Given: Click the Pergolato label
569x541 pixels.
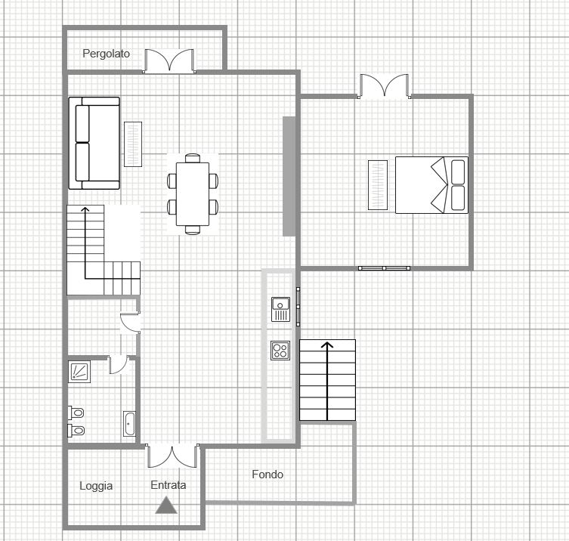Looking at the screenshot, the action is pyautogui.click(x=106, y=54).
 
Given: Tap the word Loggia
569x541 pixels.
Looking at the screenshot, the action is pyautogui.click(x=96, y=486).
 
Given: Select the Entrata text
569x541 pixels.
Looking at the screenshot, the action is pyautogui.click(x=169, y=485).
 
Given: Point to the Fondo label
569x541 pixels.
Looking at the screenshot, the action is pyautogui.click(x=267, y=475).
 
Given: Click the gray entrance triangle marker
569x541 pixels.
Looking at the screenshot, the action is pyautogui.click(x=166, y=505).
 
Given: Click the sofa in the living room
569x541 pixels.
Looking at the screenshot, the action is pyautogui.click(x=94, y=143).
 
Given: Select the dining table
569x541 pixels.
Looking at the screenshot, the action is pyautogui.click(x=193, y=194).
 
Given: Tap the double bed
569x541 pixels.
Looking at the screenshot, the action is pyautogui.click(x=431, y=185).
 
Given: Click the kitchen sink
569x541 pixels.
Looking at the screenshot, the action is pyautogui.click(x=280, y=309).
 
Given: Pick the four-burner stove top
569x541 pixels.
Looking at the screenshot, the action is pyautogui.click(x=280, y=351).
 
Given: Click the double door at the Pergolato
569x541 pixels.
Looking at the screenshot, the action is pyautogui.click(x=169, y=60).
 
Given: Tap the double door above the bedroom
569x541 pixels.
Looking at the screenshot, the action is pyautogui.click(x=385, y=86).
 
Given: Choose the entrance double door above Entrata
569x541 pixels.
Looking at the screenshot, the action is pyautogui.click(x=172, y=456).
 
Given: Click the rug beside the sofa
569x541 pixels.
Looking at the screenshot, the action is pyautogui.click(x=133, y=144).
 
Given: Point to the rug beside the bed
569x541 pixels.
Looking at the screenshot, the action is pyautogui.click(x=378, y=185).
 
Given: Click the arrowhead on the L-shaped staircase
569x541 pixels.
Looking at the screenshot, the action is pyautogui.click(x=85, y=210).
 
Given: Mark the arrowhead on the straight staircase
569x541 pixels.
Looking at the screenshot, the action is pyautogui.click(x=327, y=345).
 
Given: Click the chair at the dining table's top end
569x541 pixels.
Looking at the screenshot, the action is pyautogui.click(x=193, y=158).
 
